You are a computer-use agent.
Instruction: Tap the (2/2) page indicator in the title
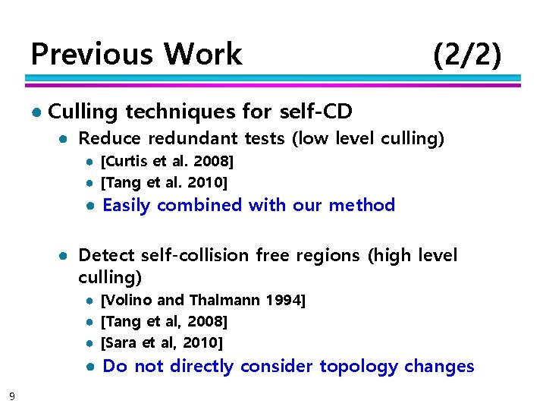tap(466, 55)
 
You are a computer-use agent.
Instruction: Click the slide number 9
tap(11, 395)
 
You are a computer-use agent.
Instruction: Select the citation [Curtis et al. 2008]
tap(167, 162)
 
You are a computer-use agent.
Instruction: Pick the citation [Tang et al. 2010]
tap(164, 182)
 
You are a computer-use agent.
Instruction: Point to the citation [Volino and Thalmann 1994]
tap(202, 301)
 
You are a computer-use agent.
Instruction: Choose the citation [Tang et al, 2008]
tap(164, 322)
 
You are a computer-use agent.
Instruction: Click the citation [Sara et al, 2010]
tap(162, 342)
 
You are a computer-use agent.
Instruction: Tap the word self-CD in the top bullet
tap(316, 112)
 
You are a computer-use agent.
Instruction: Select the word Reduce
tap(110, 139)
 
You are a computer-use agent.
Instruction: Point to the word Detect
tap(107, 255)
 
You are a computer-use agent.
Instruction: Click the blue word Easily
tap(127, 205)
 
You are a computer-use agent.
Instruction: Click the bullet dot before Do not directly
tap(89, 367)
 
